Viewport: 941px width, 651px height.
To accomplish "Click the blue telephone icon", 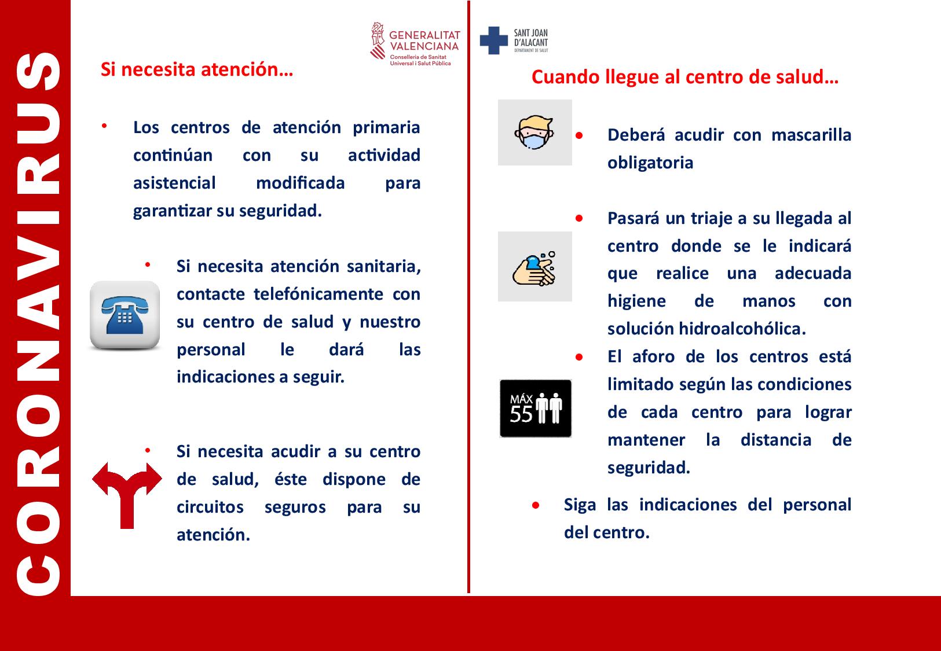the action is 125,315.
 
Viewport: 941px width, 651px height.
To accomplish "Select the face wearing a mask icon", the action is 534,132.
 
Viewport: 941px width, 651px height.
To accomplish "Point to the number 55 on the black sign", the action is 521,415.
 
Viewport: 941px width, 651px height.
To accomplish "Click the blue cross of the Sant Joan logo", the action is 494,41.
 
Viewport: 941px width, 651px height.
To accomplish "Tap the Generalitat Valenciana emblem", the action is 378,41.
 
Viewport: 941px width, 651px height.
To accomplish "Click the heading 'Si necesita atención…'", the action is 197,69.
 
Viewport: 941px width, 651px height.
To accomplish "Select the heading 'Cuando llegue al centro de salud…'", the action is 684,77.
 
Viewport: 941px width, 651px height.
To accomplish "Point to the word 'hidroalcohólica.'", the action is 742,328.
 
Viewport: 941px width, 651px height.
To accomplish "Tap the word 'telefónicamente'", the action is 318,294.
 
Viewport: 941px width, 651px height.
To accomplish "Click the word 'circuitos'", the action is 210,507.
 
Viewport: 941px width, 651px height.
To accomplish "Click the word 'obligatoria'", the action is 650,163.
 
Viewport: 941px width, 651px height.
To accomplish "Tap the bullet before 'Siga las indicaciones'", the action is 536,505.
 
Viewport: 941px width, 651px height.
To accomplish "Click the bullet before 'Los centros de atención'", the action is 104,126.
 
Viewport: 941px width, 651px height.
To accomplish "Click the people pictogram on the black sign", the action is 549,408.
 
